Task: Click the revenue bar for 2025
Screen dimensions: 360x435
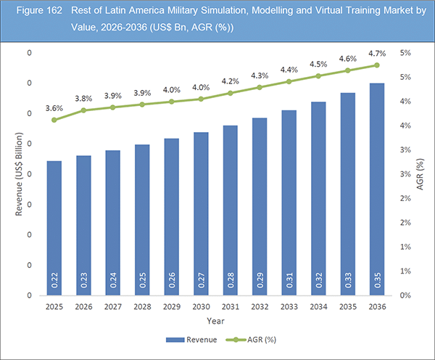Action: (54, 228)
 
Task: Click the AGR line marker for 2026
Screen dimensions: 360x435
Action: (83, 110)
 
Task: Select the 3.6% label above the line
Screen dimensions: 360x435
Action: (54, 108)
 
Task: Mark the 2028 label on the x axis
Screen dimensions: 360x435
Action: (141, 306)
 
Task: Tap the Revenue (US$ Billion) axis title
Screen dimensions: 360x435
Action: (20, 174)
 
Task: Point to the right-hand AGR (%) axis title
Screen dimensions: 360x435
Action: (420, 174)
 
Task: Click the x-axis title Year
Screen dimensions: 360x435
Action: (214, 320)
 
